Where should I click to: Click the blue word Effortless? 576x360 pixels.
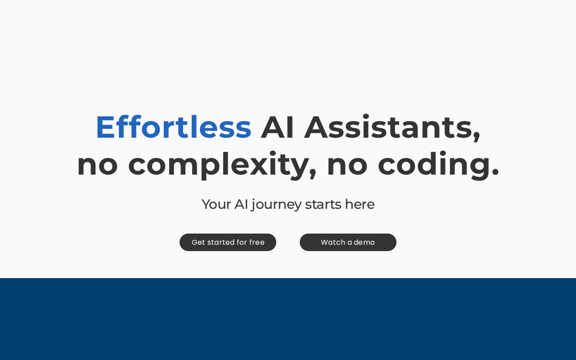174,127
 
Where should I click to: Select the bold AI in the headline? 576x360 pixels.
277,127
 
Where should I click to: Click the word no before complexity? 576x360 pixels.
98,166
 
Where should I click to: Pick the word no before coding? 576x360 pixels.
347,166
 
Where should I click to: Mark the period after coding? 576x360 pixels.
495,172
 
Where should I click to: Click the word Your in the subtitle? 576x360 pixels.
216,204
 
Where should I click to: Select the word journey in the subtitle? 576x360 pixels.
276,205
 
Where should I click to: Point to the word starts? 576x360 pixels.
323,205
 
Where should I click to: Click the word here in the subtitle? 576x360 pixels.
360,204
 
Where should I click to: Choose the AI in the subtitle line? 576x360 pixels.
241,204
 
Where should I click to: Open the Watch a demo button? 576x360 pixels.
348,242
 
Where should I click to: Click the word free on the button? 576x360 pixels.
256,242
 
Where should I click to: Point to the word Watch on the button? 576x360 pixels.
333,242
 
